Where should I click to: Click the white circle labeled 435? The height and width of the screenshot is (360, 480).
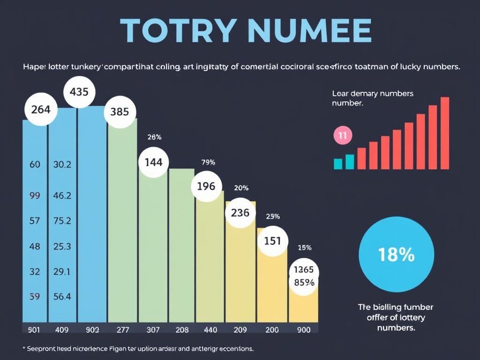79,92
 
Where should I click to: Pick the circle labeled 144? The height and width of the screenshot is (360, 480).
153,162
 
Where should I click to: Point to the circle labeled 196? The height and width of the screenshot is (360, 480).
206,186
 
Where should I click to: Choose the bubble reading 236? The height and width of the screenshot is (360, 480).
240,212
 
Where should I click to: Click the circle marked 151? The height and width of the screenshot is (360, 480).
272,241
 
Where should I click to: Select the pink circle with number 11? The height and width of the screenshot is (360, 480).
342,136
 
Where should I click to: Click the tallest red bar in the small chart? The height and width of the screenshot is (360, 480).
445,133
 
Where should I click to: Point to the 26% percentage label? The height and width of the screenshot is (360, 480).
154,137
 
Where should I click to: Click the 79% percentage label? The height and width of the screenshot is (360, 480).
208,163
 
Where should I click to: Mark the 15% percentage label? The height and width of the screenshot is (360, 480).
305,247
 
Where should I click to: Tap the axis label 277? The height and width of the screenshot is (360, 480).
123,330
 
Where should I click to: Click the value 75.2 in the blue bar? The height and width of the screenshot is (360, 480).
62,221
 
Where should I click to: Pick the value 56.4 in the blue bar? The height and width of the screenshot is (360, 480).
62,296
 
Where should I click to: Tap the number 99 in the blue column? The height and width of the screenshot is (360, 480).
34,196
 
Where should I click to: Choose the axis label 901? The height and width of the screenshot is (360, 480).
34,330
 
